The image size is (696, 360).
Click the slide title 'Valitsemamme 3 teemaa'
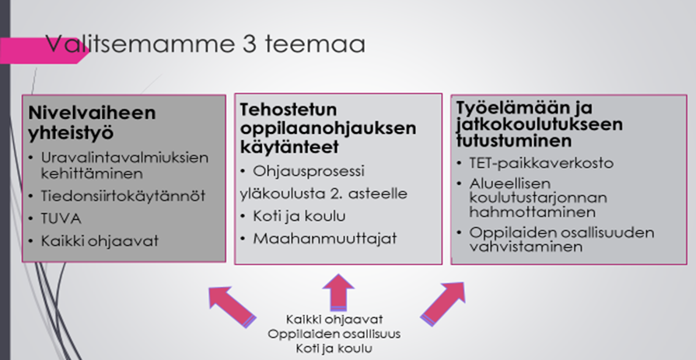(205, 44)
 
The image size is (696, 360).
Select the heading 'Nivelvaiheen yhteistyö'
(92, 123)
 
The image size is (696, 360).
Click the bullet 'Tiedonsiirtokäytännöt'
(123, 196)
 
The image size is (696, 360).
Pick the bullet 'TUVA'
(61, 218)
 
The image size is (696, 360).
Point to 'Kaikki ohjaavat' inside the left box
(100, 240)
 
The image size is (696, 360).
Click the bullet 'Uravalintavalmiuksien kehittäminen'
(124, 165)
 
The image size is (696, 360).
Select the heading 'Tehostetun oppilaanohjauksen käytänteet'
(328, 128)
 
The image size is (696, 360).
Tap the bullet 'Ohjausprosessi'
(309, 171)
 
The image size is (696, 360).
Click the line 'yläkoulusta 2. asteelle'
(324, 194)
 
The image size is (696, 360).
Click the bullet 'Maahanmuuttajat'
(325, 239)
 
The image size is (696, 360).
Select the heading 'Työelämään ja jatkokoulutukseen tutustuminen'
(540, 124)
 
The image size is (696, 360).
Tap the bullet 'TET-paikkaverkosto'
(541, 163)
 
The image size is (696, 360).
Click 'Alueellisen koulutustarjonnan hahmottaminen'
(538, 197)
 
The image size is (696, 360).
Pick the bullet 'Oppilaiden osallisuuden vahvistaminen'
(561, 239)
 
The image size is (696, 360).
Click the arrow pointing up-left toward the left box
(232, 306)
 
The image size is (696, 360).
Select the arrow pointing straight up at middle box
(338, 293)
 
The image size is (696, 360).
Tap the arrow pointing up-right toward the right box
(443, 304)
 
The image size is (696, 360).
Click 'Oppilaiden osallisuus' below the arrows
(334, 334)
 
